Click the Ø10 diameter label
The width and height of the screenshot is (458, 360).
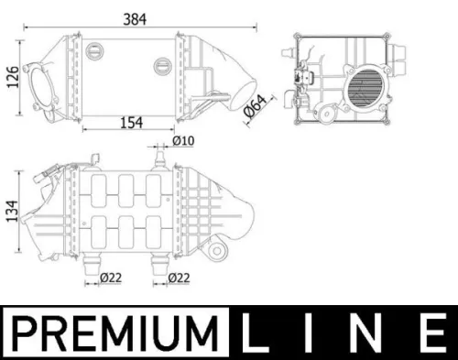[x=185, y=142]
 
